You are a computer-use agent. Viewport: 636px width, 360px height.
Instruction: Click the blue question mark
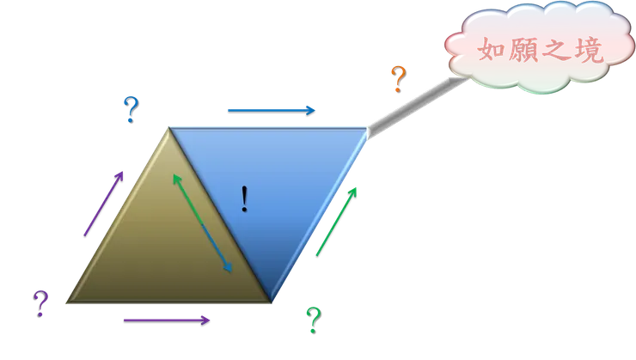pos(131,109)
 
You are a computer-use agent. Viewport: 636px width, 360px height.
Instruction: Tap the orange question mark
pos(399,79)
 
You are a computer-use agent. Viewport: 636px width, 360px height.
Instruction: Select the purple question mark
pos(40,303)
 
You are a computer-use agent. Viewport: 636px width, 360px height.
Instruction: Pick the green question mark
pos(314,320)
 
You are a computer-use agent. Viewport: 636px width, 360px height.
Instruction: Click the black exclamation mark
pos(244,199)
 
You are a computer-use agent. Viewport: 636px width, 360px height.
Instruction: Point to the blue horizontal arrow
pos(272,110)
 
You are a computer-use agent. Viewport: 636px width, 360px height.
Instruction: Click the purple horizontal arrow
pos(167,320)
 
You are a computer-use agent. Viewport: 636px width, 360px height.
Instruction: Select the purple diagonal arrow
pos(103,204)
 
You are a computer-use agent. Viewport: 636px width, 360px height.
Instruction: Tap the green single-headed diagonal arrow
pos(336,222)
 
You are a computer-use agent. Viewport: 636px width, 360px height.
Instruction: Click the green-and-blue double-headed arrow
pos(202,223)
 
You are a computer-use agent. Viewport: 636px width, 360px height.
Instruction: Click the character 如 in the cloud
pos(490,50)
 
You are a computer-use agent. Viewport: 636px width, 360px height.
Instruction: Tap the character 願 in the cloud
pos(523,50)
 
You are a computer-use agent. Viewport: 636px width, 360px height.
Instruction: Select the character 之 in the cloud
pos(556,50)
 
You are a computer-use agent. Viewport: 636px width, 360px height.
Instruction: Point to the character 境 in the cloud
pos(589,51)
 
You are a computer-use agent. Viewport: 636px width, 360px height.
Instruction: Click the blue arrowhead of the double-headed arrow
pos(228,266)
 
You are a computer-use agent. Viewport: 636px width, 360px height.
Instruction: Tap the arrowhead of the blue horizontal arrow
pos(311,110)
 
